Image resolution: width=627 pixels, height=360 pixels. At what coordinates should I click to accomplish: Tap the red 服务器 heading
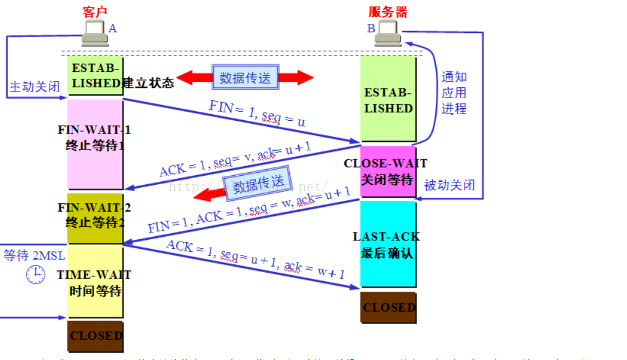click(388, 12)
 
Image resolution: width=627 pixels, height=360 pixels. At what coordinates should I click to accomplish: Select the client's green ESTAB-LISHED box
click(95, 76)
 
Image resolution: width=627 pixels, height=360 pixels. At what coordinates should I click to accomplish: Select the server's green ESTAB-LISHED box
click(388, 99)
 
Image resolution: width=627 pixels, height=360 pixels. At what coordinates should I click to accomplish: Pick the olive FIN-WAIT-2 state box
click(95, 218)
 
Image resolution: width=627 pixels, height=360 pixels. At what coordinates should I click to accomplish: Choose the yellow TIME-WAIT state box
click(95, 281)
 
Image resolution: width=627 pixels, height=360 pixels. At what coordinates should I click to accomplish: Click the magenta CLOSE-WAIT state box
click(388, 171)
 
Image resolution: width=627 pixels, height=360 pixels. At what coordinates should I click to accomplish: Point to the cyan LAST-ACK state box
click(388, 244)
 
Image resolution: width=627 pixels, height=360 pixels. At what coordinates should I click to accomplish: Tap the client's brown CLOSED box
click(95, 336)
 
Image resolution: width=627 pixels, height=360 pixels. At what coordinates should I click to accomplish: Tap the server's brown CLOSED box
click(388, 307)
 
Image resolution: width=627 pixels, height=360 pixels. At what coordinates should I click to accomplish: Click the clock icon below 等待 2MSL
click(35, 275)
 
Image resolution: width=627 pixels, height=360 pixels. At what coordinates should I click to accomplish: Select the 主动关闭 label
click(35, 87)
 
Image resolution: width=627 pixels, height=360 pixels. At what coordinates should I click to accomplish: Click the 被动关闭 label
click(449, 185)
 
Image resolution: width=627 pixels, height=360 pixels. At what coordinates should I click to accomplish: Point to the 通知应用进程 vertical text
click(454, 93)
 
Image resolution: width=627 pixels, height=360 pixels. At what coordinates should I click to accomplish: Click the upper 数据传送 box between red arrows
click(245, 77)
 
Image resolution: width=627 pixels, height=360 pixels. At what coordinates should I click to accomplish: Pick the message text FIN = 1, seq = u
click(256, 113)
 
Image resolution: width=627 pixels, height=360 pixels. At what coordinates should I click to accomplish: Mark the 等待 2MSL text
click(34, 255)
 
